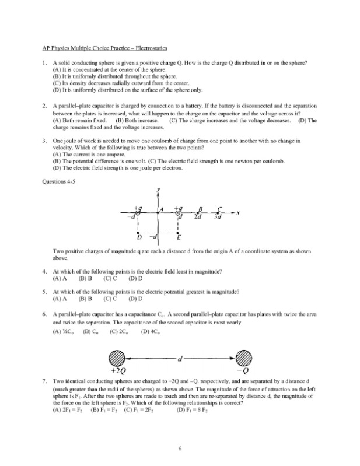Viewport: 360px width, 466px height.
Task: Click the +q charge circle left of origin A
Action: (138, 213)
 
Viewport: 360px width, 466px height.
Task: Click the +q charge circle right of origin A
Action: (177, 213)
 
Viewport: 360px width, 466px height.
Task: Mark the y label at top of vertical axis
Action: (159, 190)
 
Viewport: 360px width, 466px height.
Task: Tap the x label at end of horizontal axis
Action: (238, 213)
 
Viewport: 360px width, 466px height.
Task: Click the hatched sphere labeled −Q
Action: (246, 357)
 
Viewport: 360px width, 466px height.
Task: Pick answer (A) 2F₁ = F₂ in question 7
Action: (69, 409)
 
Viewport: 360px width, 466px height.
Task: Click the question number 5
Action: (44, 290)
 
